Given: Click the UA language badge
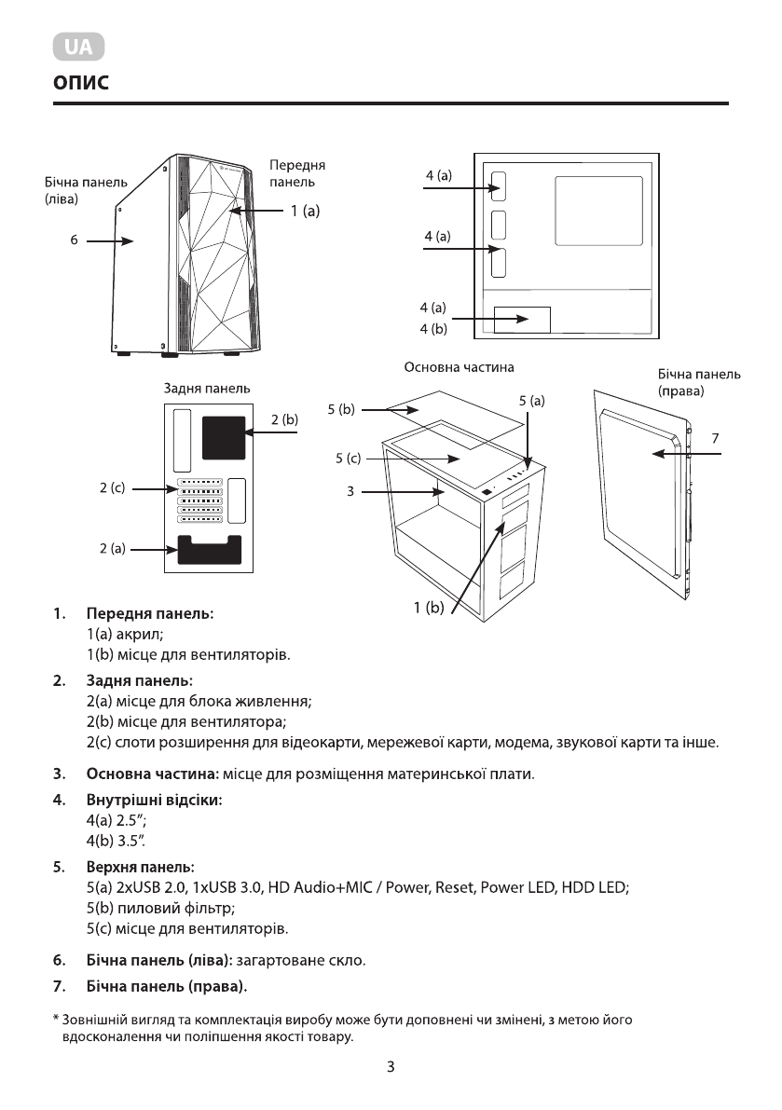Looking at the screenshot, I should click(x=78, y=47).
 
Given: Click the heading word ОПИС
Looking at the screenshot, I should click(x=81, y=84).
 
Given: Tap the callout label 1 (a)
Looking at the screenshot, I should click(x=304, y=212).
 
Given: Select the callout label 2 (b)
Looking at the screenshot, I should click(x=284, y=420).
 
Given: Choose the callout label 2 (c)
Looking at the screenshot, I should click(x=112, y=487).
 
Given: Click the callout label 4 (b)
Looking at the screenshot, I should click(x=433, y=328).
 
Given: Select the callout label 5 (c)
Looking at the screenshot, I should click(x=348, y=459).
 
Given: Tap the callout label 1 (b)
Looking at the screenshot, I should click(x=430, y=609).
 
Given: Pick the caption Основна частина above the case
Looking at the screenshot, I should click(x=459, y=367).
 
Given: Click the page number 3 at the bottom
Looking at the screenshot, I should click(x=391, y=1067).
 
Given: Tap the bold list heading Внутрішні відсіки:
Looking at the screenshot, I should click(x=154, y=800).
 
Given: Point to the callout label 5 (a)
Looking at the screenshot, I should click(x=531, y=401).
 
